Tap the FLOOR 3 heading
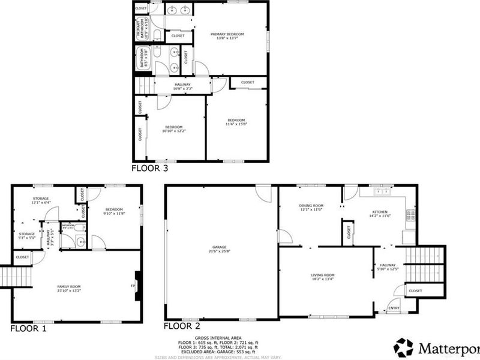click(149, 169)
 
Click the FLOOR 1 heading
click(28, 328)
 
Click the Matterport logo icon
click(404, 347)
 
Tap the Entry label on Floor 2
click(394, 308)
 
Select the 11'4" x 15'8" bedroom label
click(236, 122)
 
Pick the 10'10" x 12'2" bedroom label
click(173, 128)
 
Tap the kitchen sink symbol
click(382, 193)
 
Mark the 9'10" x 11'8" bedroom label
click(114, 211)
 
